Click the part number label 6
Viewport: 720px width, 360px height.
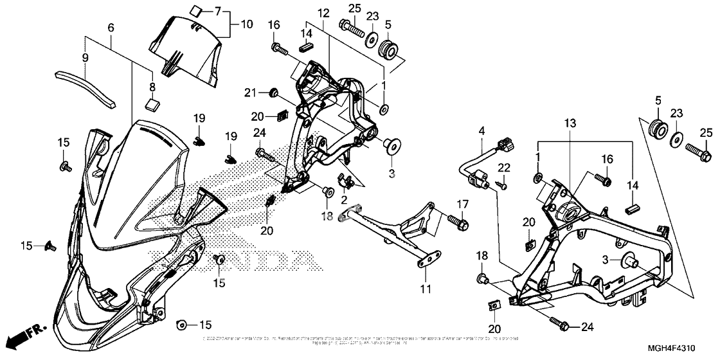111,28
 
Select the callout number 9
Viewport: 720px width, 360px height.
85,57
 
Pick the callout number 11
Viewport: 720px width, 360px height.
424,290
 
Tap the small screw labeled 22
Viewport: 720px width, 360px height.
503,186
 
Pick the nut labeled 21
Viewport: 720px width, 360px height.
273,94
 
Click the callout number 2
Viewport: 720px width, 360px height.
344,200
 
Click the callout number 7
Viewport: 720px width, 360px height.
217,11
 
